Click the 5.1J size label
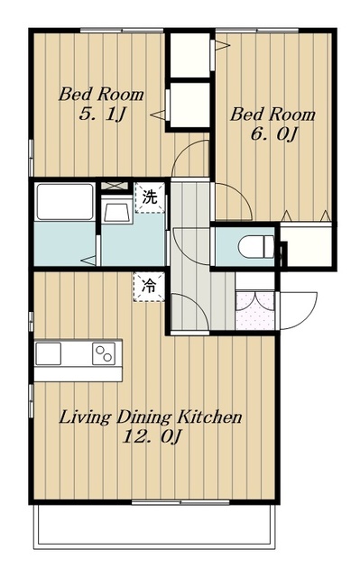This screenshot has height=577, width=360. coord(102,114)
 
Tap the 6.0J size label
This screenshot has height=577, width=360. coord(274,134)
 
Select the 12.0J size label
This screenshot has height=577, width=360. coord(152,436)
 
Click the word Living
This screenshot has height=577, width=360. coord(85,417)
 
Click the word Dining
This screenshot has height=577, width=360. coord(144,417)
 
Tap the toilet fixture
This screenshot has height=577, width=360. coord(257,246)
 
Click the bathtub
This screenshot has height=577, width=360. coord(65,202)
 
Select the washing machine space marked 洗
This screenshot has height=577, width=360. coord(150,197)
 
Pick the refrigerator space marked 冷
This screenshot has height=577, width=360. coord(149,287)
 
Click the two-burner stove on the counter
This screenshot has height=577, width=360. coord(104,353)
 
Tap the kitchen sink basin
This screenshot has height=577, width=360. coord(48,353)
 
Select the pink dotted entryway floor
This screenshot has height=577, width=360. coord(254,310)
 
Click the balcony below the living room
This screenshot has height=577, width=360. coord(154,526)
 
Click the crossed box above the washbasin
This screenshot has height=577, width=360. coord(114,186)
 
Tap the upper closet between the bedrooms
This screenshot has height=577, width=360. coord(190,55)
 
